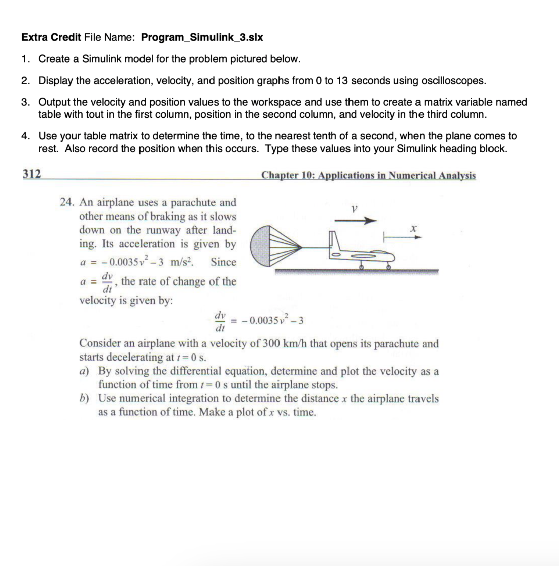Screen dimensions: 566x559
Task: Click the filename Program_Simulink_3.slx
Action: pyautogui.click(x=202, y=37)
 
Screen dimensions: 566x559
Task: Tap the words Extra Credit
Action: pyautogui.click(x=51, y=37)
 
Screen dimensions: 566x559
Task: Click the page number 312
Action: pyautogui.click(x=31, y=174)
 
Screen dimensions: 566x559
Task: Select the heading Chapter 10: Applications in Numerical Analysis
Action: pyautogui.click(x=368, y=175)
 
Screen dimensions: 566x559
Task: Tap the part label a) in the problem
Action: pyautogui.click(x=84, y=371)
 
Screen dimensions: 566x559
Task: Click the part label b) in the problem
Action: pyautogui.click(x=84, y=398)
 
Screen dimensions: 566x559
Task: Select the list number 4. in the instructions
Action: pyautogui.click(x=26, y=136)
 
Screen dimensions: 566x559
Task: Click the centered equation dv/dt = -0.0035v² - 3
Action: pyautogui.click(x=260, y=321)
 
